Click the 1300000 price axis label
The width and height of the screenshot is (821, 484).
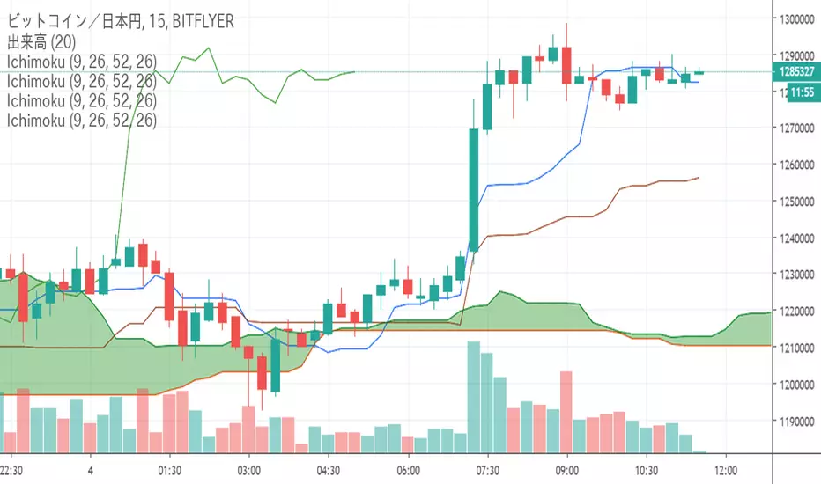[795, 18]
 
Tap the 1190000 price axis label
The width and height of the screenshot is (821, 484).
[795, 422]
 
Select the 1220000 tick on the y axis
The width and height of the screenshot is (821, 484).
[795, 312]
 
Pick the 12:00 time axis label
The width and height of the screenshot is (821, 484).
[726, 469]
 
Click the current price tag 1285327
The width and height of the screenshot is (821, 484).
[795, 72]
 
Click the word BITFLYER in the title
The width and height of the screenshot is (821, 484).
[203, 21]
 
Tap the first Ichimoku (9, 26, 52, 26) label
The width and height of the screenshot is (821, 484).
[81, 62]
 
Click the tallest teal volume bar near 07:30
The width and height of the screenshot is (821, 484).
[474, 398]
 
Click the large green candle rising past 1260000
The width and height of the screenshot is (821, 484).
[474, 189]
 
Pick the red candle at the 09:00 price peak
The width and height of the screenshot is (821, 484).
[566, 63]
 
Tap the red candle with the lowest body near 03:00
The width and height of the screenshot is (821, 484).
[262, 371]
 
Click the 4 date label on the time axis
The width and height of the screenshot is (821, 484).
[91, 469]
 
